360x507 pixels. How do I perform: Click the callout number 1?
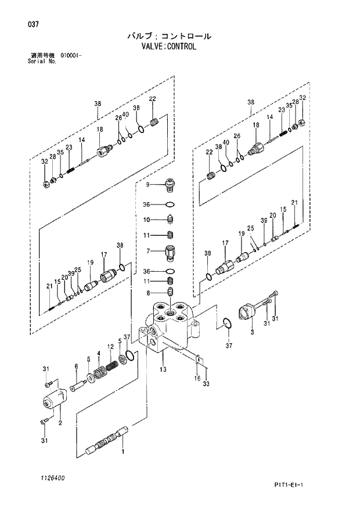coord(123,451)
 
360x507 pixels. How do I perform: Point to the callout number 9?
coord(148,185)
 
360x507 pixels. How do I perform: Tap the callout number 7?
coord(149,251)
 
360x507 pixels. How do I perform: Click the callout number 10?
coord(147,220)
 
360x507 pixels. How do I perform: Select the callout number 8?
coord(149,293)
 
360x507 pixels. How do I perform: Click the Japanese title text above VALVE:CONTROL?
coord(169,35)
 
